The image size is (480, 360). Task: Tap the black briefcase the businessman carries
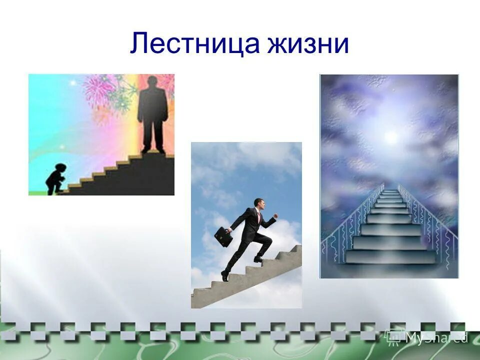pos(223,236)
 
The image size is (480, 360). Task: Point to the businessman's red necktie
pos(259,217)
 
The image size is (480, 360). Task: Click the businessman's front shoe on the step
pos(258,258)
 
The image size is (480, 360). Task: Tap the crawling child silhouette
pos(53,178)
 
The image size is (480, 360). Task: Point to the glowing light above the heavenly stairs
pos(390,136)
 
